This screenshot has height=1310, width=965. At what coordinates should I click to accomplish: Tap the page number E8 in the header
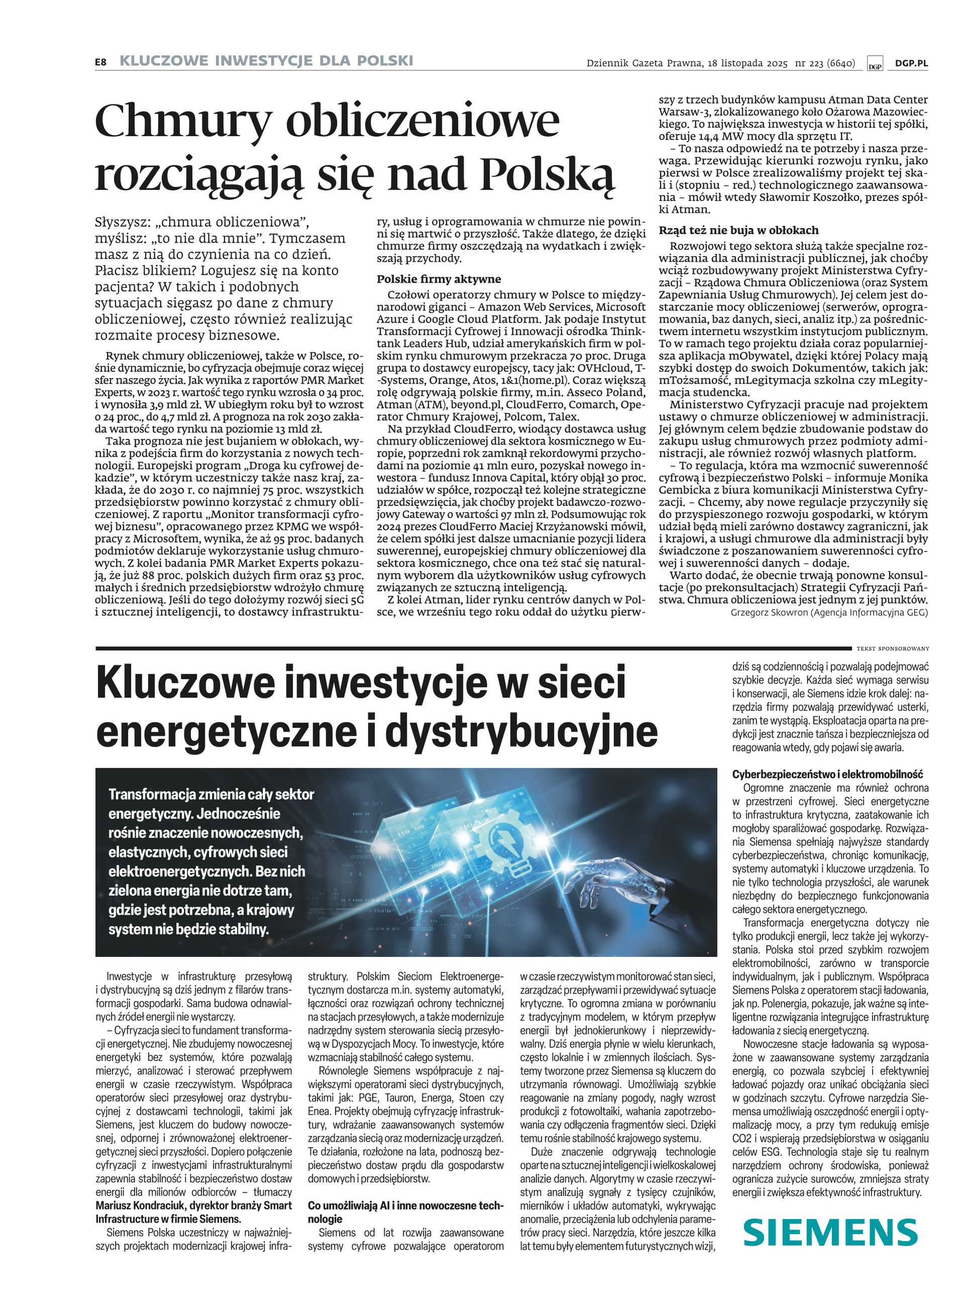(101, 61)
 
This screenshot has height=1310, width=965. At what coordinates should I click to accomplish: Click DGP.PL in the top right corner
(911, 64)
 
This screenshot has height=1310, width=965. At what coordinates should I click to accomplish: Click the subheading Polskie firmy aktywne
(439, 279)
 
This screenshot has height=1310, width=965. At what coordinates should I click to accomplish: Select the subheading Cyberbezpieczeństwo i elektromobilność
(827, 774)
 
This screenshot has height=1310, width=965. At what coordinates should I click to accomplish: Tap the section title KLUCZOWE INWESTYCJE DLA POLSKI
(266, 61)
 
